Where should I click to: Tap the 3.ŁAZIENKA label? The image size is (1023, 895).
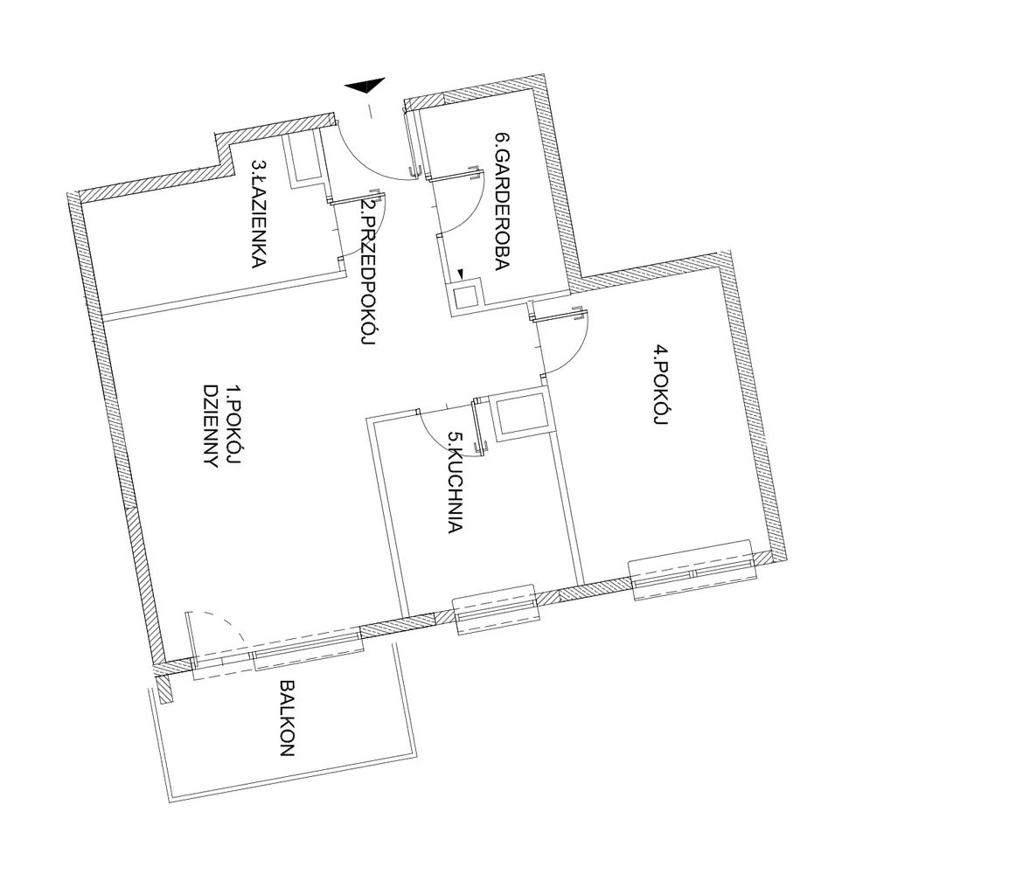point(259,212)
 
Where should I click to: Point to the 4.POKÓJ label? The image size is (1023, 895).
point(661,386)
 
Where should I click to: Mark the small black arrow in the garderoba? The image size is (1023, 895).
point(461,274)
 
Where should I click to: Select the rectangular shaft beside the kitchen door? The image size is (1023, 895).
point(522,415)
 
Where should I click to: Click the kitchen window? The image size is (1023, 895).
point(495,608)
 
